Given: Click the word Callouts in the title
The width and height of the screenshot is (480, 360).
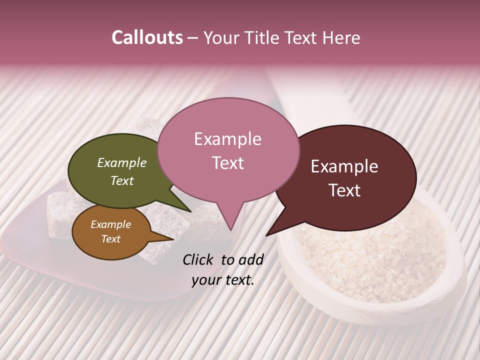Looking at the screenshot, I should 147,37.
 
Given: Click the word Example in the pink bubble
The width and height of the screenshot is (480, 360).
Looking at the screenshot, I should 227,139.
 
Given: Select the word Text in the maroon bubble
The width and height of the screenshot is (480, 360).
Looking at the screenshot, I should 345,190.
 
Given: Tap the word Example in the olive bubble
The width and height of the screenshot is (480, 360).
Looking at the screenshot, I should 122,163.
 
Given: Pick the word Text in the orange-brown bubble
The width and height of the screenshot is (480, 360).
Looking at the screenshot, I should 111,239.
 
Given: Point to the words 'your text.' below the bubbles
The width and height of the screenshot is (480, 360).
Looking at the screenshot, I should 223,280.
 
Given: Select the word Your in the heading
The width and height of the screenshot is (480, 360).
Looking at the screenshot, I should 221,37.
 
